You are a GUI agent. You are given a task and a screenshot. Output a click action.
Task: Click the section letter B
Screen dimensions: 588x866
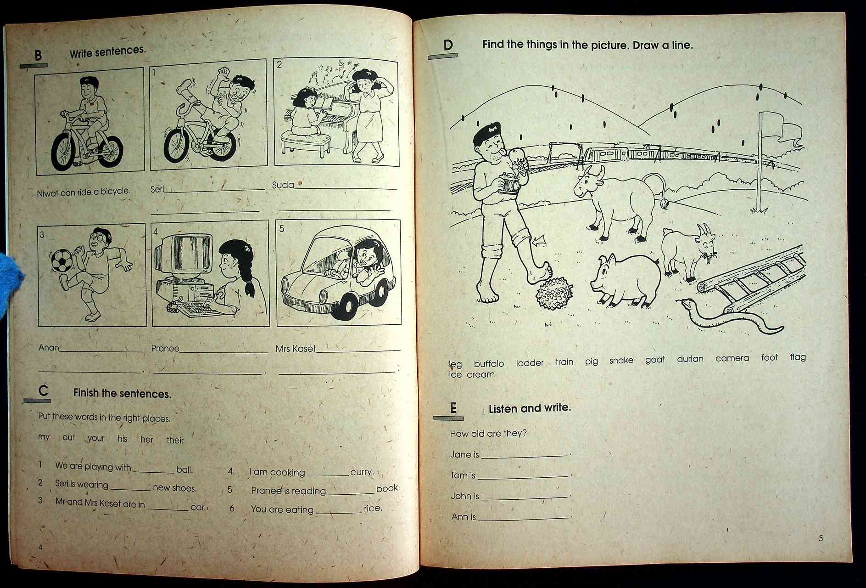38,56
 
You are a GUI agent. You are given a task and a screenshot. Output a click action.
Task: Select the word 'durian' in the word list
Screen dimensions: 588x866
690,359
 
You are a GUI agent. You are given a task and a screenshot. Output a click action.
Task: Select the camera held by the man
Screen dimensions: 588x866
508,184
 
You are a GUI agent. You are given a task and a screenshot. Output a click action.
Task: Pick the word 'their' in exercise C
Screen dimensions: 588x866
175,440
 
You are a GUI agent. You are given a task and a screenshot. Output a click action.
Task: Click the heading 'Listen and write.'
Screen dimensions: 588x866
530,408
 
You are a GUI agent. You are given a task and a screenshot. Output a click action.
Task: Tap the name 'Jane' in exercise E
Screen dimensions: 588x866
460,455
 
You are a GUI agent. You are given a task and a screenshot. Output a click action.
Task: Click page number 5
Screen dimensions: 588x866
821,538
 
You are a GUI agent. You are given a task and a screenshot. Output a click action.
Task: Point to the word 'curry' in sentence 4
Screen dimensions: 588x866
361,472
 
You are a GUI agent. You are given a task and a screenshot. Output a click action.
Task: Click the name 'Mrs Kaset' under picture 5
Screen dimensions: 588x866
296,349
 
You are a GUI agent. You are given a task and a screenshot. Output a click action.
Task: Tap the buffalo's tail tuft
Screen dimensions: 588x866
664,204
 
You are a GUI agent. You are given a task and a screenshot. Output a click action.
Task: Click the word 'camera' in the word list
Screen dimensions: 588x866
732,358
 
